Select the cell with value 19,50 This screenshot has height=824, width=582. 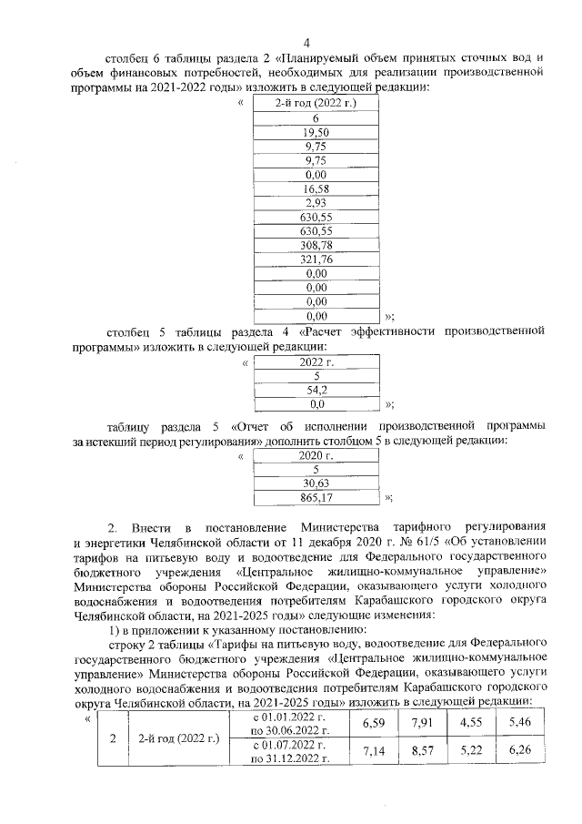[316, 132]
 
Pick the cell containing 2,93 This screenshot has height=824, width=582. [316, 202]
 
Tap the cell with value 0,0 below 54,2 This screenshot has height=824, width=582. [316, 402]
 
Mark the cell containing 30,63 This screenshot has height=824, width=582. [315, 483]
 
